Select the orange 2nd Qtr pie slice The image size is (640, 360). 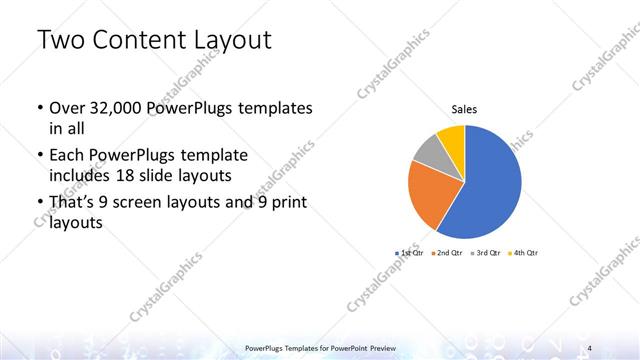tap(433, 195)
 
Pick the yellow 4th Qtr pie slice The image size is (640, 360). tap(452, 137)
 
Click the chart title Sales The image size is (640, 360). tap(464, 110)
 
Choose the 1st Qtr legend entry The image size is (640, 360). tap(410, 253)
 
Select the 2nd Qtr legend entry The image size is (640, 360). tap(447, 253)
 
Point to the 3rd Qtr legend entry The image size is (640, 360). tap(485, 253)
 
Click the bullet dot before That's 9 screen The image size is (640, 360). tap(38, 204)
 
